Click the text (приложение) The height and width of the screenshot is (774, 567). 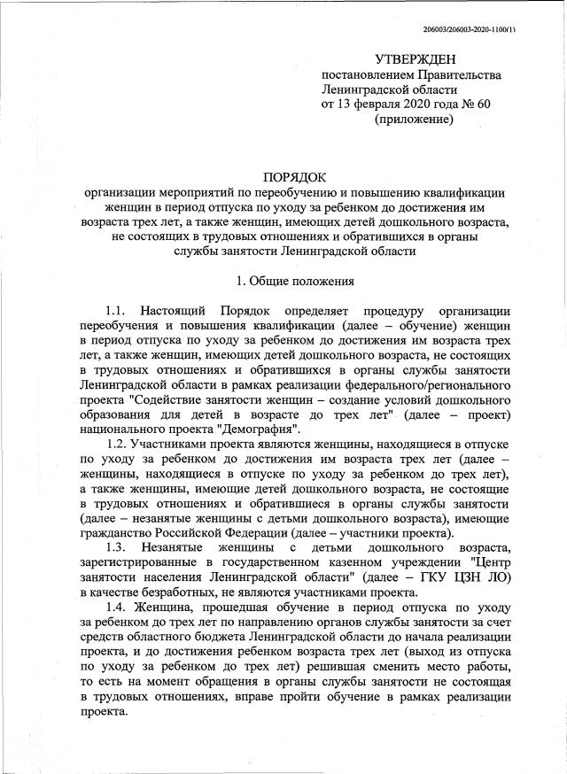(414, 120)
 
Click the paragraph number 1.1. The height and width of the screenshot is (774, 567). (118, 311)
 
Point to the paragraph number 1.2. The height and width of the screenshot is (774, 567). (118, 442)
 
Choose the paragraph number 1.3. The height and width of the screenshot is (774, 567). (118, 547)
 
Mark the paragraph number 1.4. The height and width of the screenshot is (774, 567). (118, 607)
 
